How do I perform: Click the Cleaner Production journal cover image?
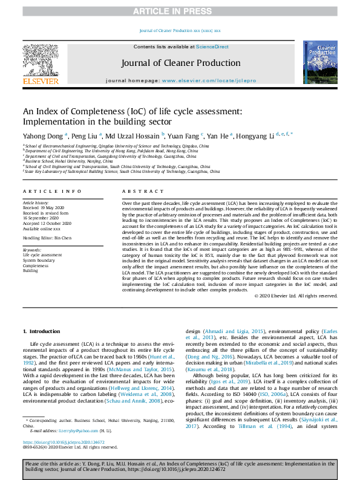[x=320, y=62]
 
